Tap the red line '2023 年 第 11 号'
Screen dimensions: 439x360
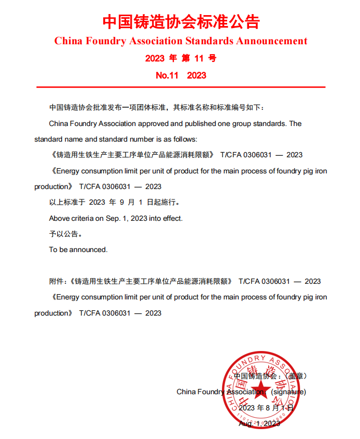tap(181, 58)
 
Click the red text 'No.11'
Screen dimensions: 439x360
tap(167, 76)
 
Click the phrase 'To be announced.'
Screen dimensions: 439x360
tap(78, 249)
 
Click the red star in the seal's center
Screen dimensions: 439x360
tap(259, 391)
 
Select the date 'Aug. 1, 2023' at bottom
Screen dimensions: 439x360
tap(259, 424)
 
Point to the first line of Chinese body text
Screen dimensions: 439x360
tap(157, 108)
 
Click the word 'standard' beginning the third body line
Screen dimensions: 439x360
tap(47, 139)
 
